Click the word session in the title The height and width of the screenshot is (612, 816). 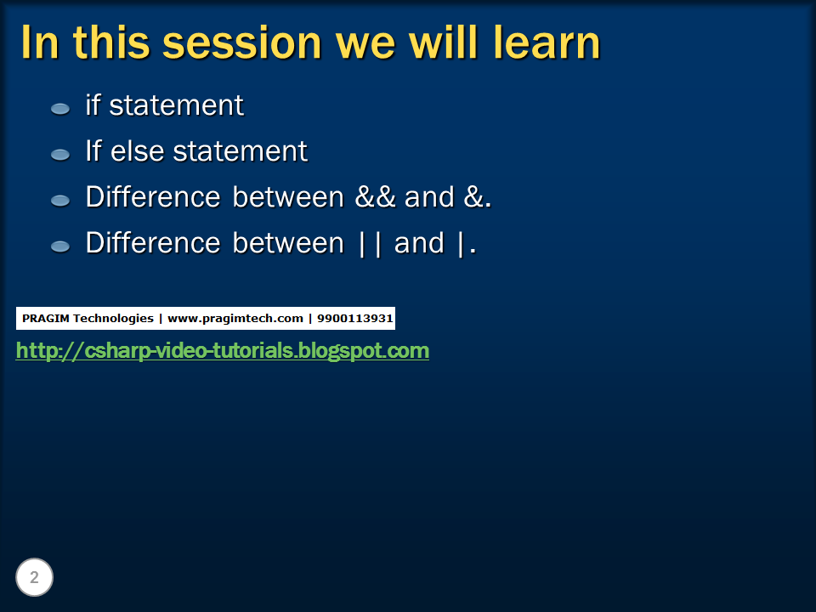[x=242, y=43]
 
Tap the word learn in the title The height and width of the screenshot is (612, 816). [x=547, y=42]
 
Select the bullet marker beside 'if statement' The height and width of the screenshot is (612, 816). [x=60, y=108]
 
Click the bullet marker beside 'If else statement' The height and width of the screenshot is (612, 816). [x=60, y=154]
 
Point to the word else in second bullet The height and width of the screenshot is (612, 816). [x=138, y=151]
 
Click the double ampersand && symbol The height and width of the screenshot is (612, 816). [x=375, y=197]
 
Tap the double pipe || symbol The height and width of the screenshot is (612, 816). [x=371, y=244]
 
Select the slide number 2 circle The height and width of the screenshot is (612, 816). [x=34, y=577]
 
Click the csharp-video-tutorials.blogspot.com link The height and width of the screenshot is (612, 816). [x=223, y=350]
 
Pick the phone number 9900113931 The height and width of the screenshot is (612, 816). [x=355, y=319]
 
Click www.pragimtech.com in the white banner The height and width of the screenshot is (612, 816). [x=235, y=319]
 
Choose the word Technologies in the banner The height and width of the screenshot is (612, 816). [x=113, y=319]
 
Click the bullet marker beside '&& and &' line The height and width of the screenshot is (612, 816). [x=60, y=201]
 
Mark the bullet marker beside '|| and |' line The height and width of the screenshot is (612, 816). [x=60, y=246]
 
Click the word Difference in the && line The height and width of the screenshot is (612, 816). [x=153, y=197]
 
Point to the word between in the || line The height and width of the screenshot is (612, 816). [x=288, y=243]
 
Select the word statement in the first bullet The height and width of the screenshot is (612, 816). [x=177, y=105]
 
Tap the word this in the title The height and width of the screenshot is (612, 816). [x=111, y=42]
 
